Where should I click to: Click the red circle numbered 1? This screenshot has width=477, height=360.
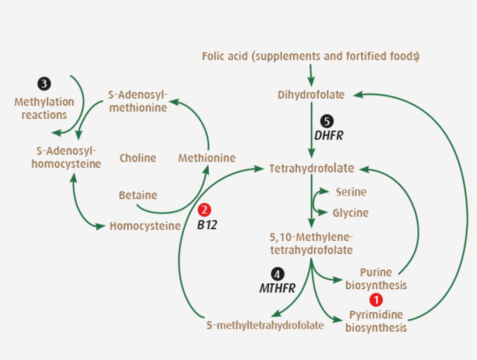pos(376,299)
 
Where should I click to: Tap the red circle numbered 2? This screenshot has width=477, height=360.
pos(204,210)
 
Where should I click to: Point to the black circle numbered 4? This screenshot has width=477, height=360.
pos(277,274)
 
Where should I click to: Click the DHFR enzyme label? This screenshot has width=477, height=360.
pos(329,136)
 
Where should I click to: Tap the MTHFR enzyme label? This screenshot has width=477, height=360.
pos(277,288)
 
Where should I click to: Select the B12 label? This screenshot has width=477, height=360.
pos(207,225)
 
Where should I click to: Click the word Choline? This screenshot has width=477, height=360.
pos(138,158)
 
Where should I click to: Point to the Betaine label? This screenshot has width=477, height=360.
pos(138,195)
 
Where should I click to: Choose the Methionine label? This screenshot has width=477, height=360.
pos(206,158)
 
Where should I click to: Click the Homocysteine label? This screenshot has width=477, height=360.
pos(145,226)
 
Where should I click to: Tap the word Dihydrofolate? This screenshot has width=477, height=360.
pos(311,94)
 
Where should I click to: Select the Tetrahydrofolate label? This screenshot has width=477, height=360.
pos(312,168)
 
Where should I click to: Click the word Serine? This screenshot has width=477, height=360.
pos(351,192)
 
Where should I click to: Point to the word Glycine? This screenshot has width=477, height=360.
pos(351,213)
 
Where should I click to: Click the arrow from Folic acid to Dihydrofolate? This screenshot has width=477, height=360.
pos(311,75)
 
